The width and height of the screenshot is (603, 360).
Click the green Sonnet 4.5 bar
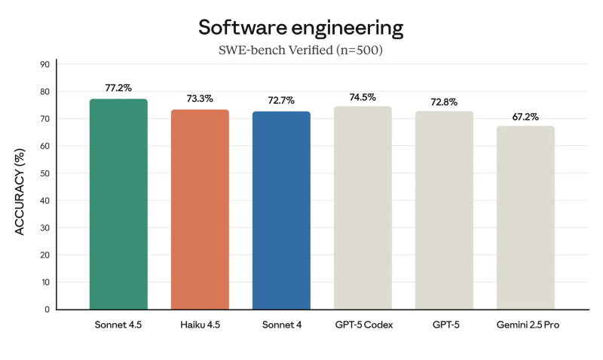click(x=118, y=203)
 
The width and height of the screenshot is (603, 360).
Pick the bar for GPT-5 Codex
click(x=363, y=207)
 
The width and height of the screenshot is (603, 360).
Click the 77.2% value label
click(x=118, y=88)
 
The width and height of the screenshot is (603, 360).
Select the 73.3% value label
click(x=200, y=99)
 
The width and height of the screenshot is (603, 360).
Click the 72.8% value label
click(x=445, y=101)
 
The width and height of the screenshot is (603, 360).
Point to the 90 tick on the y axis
click(x=44, y=65)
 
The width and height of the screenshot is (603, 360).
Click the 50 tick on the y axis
click(x=44, y=173)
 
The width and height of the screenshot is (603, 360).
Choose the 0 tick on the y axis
click(x=47, y=310)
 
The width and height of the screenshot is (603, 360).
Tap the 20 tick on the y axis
click(x=44, y=255)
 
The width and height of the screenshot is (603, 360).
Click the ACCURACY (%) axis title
click(x=21, y=186)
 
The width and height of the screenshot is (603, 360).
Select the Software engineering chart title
click(x=301, y=28)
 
